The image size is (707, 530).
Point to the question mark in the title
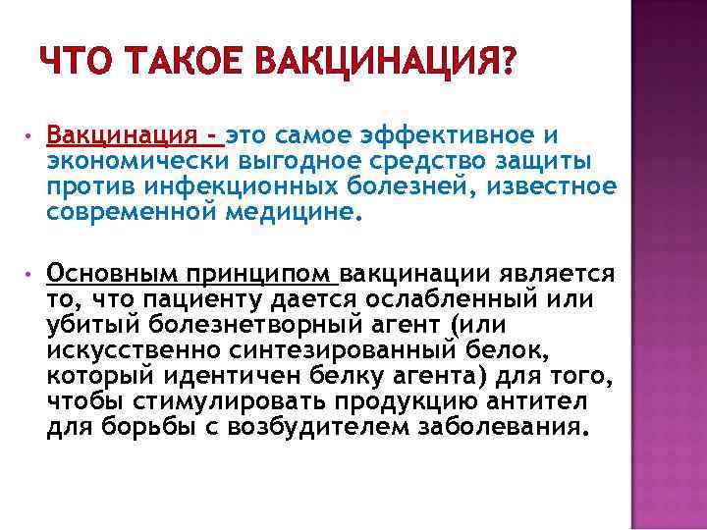click(x=507, y=66)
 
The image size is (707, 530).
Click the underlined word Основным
click(x=106, y=272)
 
